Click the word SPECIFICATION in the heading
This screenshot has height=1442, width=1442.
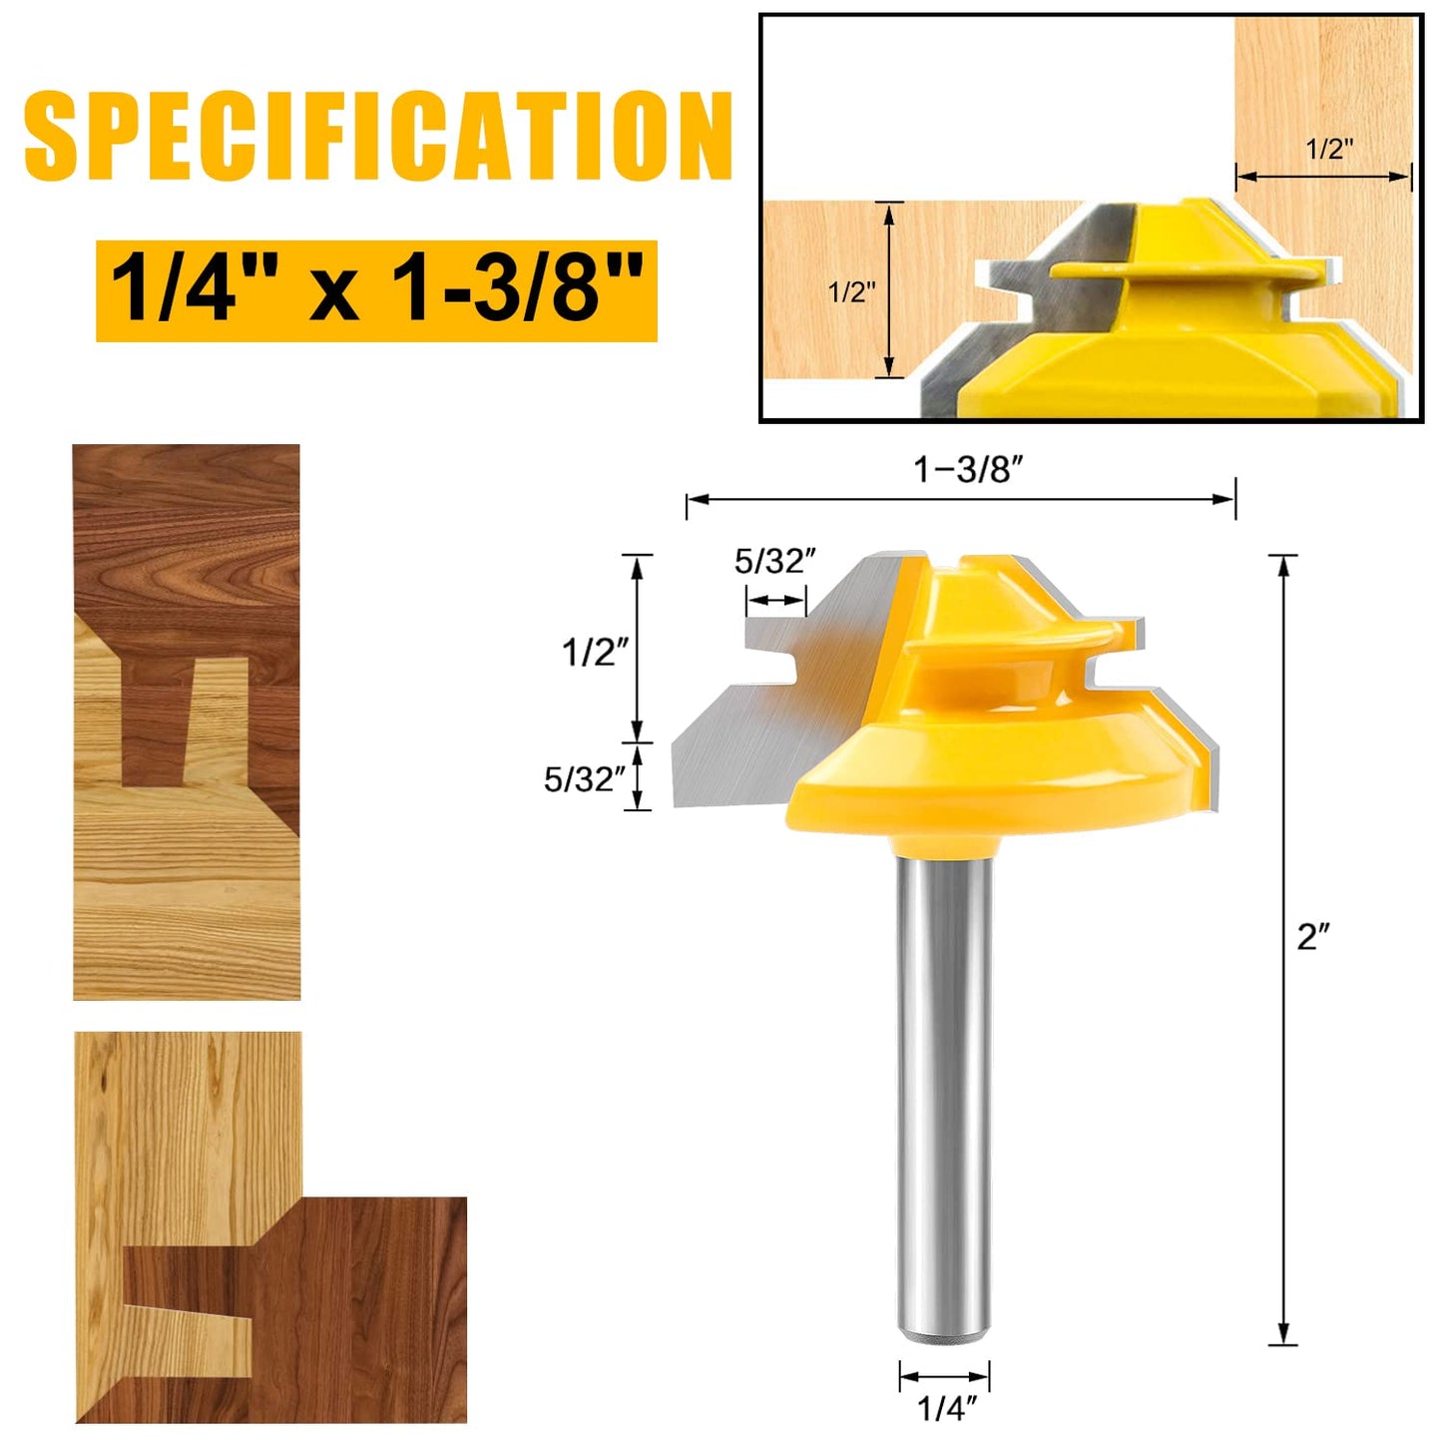point(378,136)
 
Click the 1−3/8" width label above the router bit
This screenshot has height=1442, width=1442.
point(968,469)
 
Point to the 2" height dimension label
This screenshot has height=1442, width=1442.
point(1313,936)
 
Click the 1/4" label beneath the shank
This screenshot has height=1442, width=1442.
point(946,1408)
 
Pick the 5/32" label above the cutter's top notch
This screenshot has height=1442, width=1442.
point(775,562)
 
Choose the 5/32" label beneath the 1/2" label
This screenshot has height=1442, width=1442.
point(585,779)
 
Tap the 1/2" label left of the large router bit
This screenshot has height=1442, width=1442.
point(595,652)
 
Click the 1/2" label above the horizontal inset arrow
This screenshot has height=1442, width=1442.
point(1329,150)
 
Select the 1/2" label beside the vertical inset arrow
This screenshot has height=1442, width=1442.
point(851,292)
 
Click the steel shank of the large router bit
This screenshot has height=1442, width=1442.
point(944,1078)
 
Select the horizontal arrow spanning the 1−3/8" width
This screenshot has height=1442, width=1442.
point(960,499)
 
